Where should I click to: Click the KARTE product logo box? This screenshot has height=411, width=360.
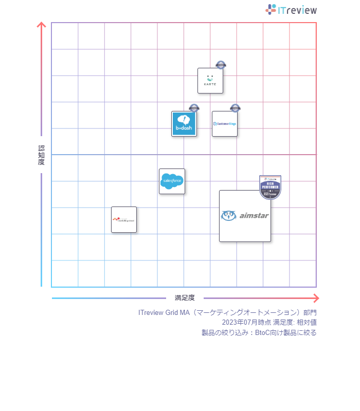point(210,81)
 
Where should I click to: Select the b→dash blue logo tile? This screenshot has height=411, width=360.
point(184,124)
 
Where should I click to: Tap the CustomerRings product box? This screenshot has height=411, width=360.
point(225,124)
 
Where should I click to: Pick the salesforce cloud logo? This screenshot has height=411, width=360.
point(172,181)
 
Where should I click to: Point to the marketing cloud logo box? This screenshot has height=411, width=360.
point(124,220)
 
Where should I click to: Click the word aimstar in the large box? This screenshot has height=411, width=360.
point(254,216)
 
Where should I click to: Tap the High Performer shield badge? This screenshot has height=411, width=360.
point(270,187)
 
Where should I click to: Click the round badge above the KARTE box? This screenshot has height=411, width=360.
point(221,65)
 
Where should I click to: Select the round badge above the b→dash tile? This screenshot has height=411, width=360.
point(194,108)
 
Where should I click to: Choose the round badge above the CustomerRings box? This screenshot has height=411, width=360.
point(235,108)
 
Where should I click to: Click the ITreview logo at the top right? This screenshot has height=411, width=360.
point(291,10)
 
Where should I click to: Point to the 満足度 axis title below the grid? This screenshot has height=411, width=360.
point(185,298)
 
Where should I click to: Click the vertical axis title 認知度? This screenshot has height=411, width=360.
point(42,155)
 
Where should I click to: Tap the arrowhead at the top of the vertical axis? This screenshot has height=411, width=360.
point(42,25)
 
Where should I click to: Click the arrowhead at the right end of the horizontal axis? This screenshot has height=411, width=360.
point(316,298)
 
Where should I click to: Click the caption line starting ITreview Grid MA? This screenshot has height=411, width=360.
point(227,312)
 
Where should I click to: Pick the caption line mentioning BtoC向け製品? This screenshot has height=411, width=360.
point(259,332)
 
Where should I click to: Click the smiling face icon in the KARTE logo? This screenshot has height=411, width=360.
point(210,78)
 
